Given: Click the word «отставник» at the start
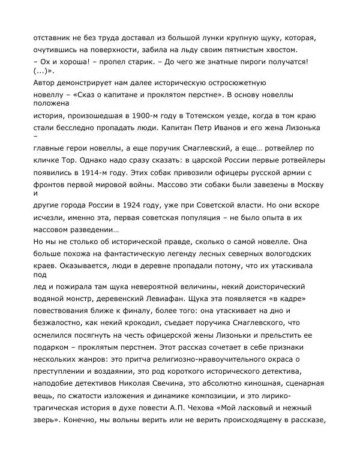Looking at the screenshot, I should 53,38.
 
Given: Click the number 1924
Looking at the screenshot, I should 153,206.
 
